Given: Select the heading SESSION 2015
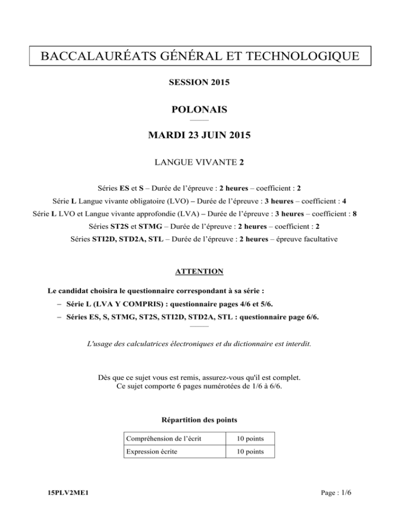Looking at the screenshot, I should [199, 83].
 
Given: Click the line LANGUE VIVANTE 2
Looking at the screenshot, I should [199, 163].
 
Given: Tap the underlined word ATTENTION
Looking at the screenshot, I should [199, 271].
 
